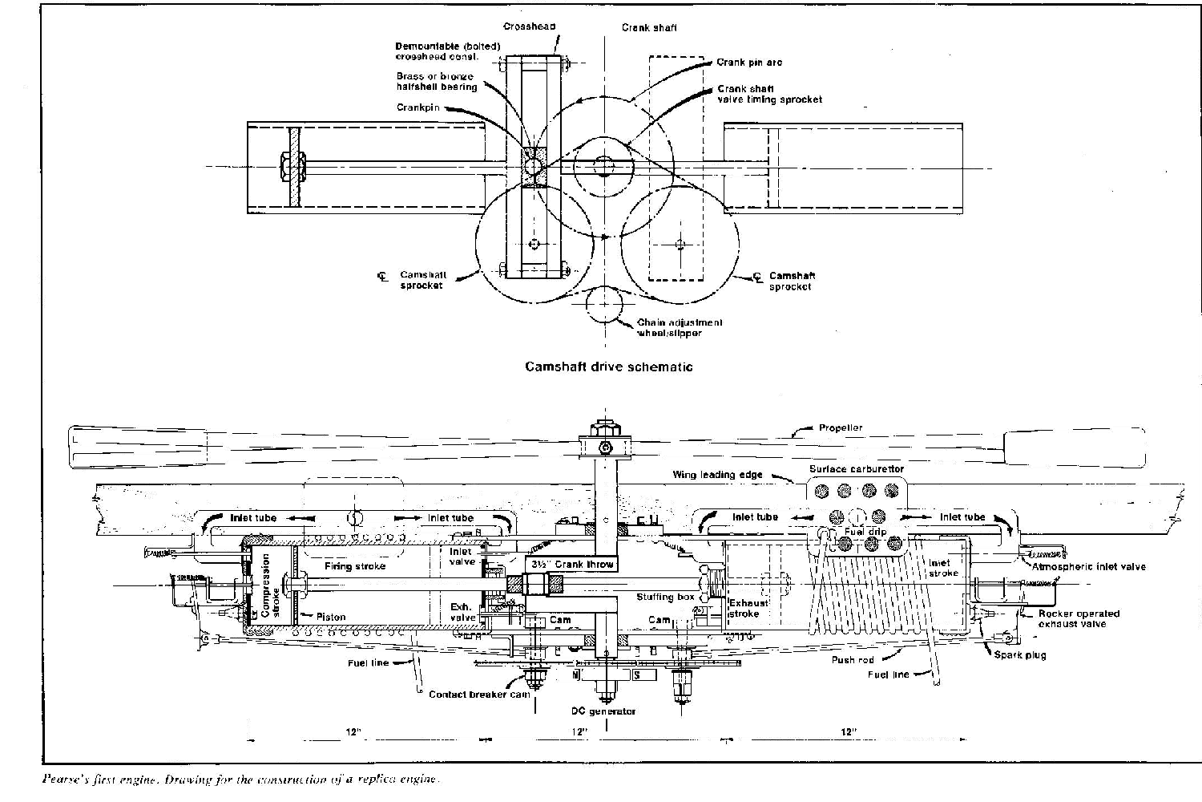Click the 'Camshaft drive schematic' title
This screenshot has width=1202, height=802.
tap(608, 367)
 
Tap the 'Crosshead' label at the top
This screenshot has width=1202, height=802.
tap(530, 26)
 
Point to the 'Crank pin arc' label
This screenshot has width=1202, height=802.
tap(749, 62)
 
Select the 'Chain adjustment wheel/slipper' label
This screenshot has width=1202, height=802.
tap(680, 327)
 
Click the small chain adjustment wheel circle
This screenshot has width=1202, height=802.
tap(607, 306)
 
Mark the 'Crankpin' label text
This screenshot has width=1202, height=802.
tap(417, 107)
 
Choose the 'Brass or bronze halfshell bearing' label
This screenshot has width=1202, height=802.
tap(436, 82)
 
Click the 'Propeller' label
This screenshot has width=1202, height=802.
tap(841, 427)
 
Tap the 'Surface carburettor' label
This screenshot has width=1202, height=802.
tap(856, 469)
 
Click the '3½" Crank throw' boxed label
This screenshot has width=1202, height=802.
tap(572, 565)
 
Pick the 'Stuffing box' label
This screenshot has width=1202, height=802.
tap(665, 597)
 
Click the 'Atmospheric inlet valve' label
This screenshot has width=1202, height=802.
tap(1088, 567)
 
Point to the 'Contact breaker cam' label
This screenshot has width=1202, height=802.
tap(478, 695)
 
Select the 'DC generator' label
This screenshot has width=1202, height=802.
tap(603, 711)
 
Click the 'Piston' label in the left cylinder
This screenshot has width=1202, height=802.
tap(330, 617)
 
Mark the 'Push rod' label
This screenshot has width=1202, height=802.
tap(852, 660)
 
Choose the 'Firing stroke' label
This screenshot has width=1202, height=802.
tap(354, 566)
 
